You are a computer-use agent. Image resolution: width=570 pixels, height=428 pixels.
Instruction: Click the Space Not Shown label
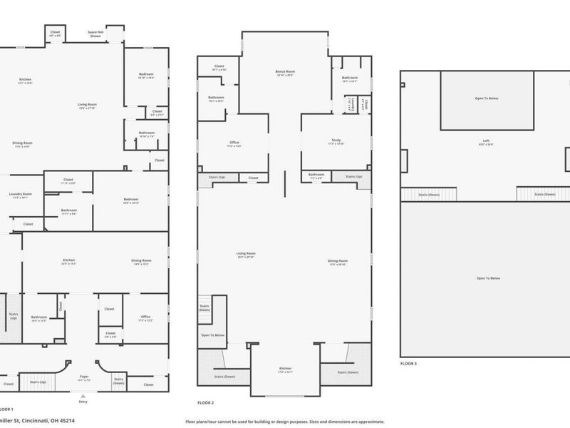point(95,34)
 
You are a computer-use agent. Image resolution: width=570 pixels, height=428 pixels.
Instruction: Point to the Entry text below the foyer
point(83,402)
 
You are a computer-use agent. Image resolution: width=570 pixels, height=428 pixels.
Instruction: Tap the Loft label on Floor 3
point(487,141)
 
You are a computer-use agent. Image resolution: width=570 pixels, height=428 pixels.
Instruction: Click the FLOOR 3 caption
point(408,363)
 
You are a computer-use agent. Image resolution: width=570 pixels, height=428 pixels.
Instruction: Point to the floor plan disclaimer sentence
point(285,421)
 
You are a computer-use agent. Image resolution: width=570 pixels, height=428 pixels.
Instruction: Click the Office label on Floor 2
point(234,143)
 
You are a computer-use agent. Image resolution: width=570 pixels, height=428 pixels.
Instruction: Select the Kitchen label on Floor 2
point(285,370)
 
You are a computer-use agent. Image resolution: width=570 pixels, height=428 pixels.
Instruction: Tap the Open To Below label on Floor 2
point(213,335)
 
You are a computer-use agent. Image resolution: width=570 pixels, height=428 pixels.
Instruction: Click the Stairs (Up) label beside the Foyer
point(38,382)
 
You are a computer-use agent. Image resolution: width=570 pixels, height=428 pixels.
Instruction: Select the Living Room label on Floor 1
point(87,106)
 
